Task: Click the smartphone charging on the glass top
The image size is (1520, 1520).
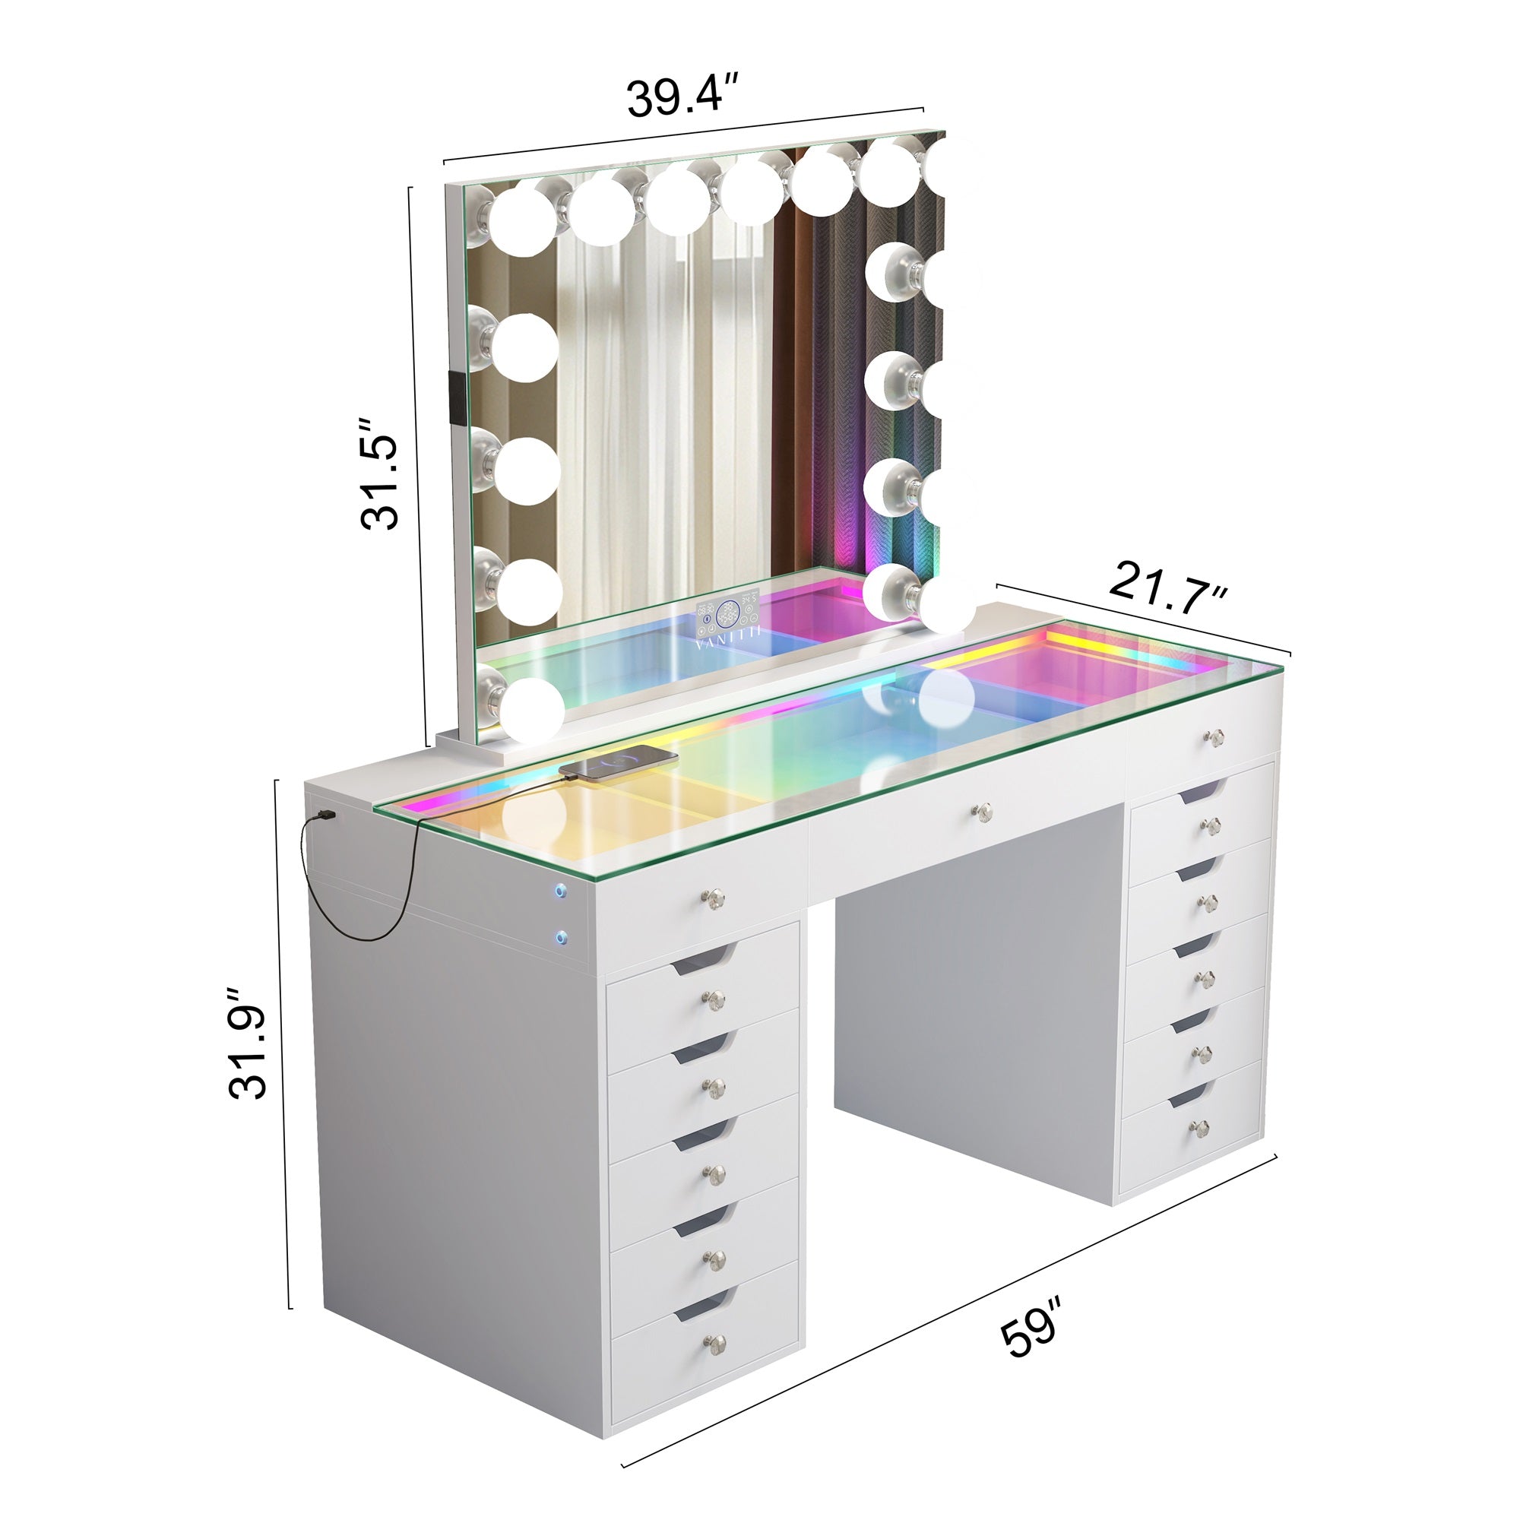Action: (x=619, y=762)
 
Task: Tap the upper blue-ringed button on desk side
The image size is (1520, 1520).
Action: (x=559, y=891)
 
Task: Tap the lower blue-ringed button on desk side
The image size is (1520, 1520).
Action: (x=561, y=936)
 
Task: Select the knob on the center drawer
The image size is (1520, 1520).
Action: (x=982, y=810)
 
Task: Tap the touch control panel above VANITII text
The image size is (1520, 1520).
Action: (x=728, y=613)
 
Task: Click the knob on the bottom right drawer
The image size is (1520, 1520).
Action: (x=1198, y=1129)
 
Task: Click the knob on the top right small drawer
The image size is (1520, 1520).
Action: (x=1215, y=737)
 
